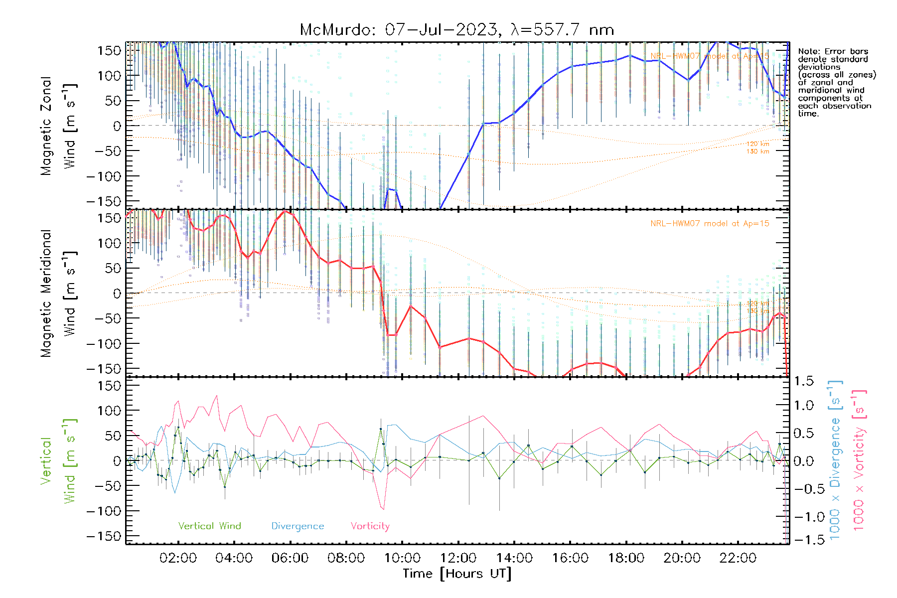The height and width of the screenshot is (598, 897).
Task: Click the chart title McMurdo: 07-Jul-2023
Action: (x=456, y=30)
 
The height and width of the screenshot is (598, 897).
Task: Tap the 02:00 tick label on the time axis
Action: (x=178, y=558)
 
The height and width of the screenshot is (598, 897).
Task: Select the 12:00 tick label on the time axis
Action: (x=458, y=558)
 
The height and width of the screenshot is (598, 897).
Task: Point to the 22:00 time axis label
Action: (x=738, y=558)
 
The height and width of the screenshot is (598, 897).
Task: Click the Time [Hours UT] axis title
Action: (x=457, y=574)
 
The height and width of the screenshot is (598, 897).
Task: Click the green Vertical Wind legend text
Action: (x=209, y=526)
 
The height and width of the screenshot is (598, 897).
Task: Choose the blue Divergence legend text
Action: (x=298, y=526)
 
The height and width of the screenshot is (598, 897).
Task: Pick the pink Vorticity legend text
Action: (x=370, y=526)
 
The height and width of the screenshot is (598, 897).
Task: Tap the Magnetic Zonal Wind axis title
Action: (x=59, y=126)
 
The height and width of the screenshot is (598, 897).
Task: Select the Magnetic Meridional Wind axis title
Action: (x=59, y=293)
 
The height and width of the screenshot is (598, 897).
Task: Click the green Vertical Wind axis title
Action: (x=59, y=461)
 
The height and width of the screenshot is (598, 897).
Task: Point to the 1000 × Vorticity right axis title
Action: (x=860, y=461)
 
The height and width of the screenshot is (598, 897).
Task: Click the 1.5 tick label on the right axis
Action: (x=803, y=381)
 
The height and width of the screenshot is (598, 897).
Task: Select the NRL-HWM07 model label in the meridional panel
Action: (x=710, y=223)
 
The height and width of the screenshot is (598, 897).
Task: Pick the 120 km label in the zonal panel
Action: (x=757, y=144)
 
